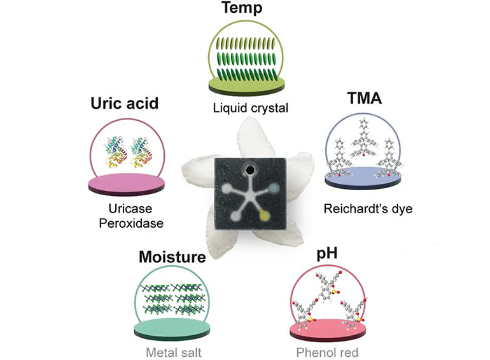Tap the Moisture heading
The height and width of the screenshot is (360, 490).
click(172, 258)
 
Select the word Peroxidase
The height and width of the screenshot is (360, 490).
click(127, 223)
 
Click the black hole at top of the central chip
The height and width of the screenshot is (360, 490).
click(251, 170)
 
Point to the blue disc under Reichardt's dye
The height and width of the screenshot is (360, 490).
click(363, 175)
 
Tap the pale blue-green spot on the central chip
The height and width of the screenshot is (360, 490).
click(273, 188)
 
